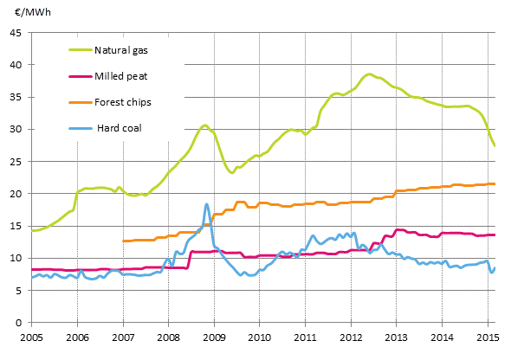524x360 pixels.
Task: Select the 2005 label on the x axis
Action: click(31, 336)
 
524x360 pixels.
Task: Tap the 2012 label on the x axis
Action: click(351, 336)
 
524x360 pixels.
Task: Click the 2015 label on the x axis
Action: click(488, 336)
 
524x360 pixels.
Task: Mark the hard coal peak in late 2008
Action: click(206, 204)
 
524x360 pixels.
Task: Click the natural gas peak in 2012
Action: click(369, 74)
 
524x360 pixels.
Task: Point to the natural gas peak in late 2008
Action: click(204, 125)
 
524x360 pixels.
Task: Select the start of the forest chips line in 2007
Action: click(124, 241)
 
